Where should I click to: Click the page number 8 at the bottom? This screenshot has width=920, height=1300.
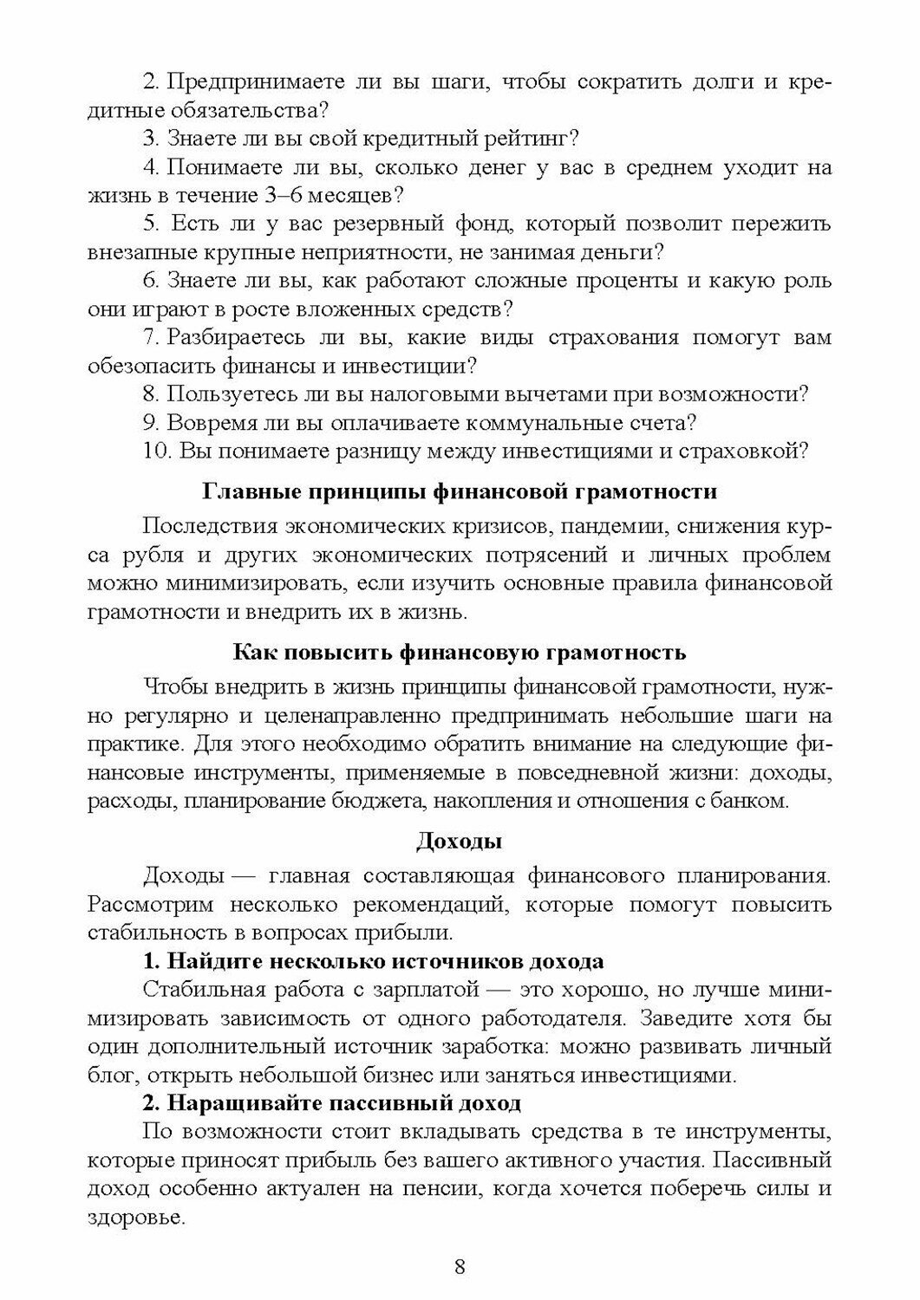click(460, 1266)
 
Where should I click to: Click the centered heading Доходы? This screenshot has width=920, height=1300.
click(460, 841)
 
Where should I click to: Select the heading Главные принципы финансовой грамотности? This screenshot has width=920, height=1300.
click(460, 491)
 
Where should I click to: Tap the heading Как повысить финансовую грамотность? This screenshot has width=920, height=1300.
click(460, 653)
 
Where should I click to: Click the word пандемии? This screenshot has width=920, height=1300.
click(608, 526)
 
